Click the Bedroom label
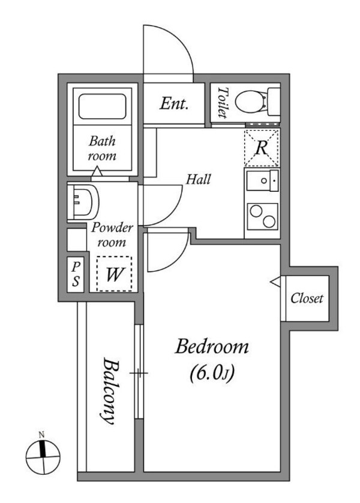pyautogui.click(x=212, y=347)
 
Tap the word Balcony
pyautogui.click(x=109, y=391)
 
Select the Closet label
pyautogui.click(x=307, y=299)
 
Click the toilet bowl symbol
pyautogui.click(x=250, y=101)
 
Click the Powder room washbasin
pyautogui.click(x=83, y=201)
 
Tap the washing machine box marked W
pyautogui.click(x=115, y=273)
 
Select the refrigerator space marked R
pyautogui.click(x=262, y=148)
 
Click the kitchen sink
pyautogui.click(x=262, y=180)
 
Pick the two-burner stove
pyautogui.click(x=262, y=216)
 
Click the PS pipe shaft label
pyautogui.click(x=76, y=274)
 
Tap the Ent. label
pyautogui.click(x=174, y=104)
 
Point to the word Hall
pyautogui.click(x=199, y=179)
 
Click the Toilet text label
pyautogui.click(x=222, y=103)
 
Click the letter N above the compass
pyautogui.click(x=41, y=435)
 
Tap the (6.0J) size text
pyautogui.click(x=212, y=374)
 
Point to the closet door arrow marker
pyautogui.click(x=275, y=282)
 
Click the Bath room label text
pyautogui.click(x=103, y=148)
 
